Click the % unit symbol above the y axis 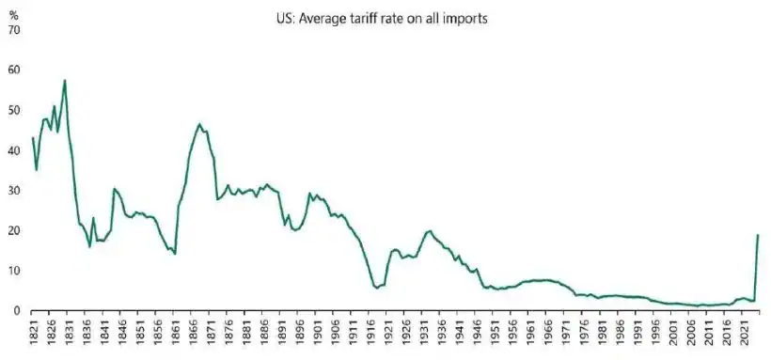(13, 16)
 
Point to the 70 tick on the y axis (13, 30)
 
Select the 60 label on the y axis (13, 70)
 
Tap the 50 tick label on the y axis (13, 111)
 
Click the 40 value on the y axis (13, 150)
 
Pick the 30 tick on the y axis (13, 191)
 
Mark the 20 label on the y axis (13, 231)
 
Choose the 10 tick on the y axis (13, 271)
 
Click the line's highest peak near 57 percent (64, 81)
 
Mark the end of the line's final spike (757, 235)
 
